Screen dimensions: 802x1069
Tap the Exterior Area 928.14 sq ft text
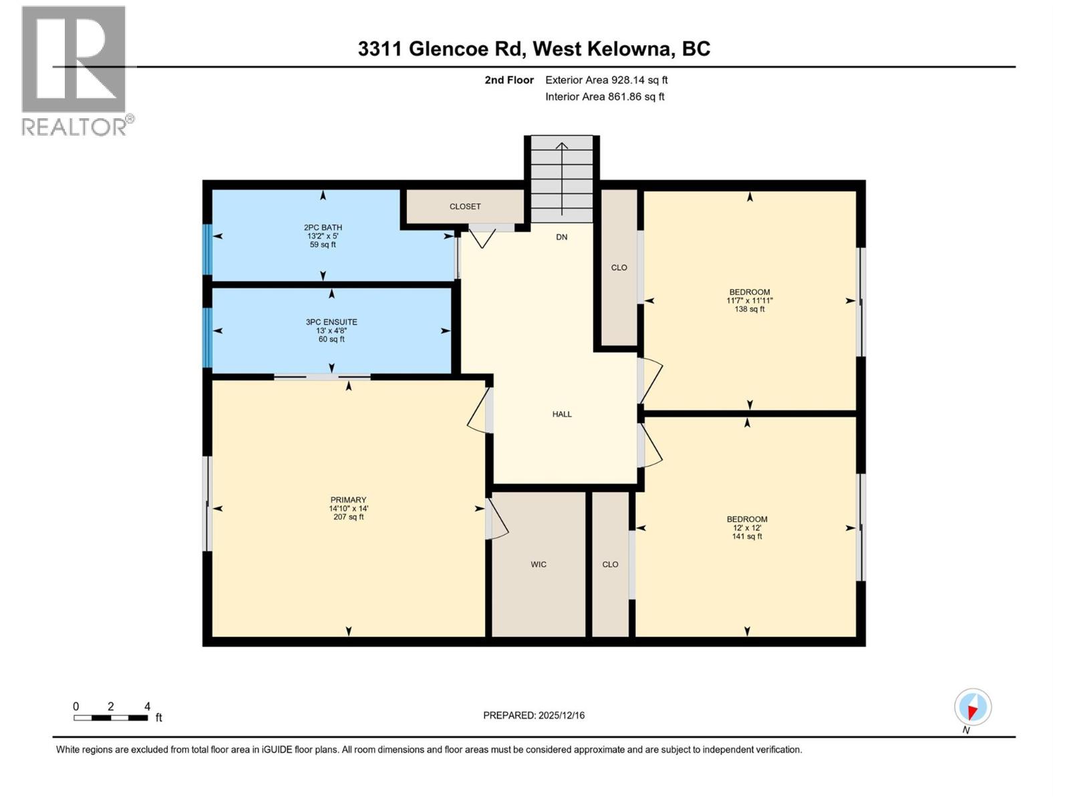606,80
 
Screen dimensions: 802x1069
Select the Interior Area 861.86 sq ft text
605,97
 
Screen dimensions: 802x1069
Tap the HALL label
562,414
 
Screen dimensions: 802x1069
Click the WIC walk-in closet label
539,565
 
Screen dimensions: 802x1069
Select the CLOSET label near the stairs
465,207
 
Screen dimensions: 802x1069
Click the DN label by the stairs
562,237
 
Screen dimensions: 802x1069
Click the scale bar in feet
111,718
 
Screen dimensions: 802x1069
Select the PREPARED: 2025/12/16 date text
534,716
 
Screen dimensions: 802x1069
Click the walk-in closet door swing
498,521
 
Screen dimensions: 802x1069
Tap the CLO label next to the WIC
610,565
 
